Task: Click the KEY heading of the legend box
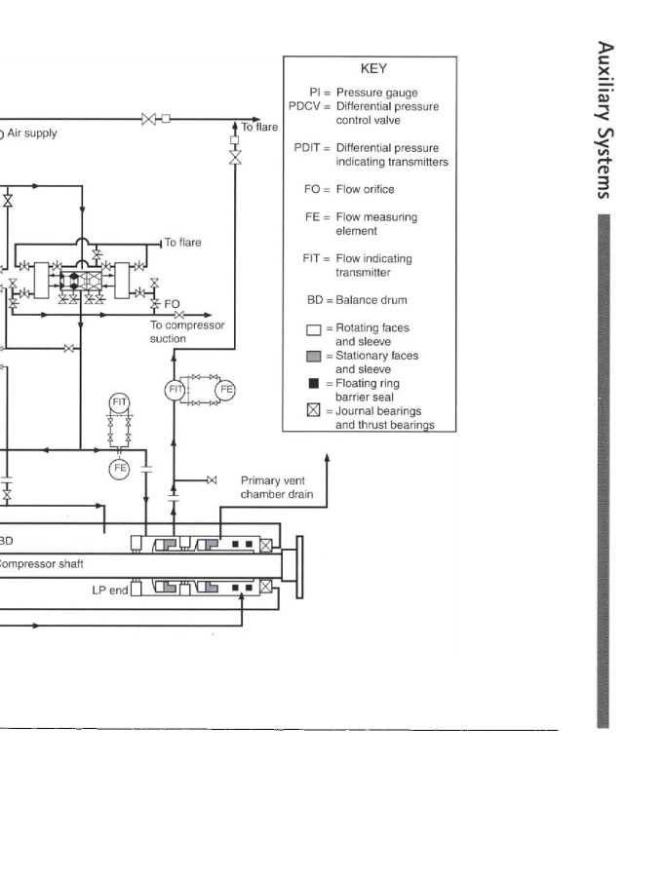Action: (373, 69)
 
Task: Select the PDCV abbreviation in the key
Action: (304, 106)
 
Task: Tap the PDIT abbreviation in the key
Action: (307, 148)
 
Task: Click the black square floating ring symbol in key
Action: (313, 383)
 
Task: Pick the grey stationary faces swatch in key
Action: (313, 357)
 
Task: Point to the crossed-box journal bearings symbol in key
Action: (313, 410)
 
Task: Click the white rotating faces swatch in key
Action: (313, 329)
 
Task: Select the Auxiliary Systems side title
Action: (605, 120)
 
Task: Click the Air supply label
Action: (32, 133)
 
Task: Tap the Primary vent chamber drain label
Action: (277, 487)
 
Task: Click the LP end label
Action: (110, 591)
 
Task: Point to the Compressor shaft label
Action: (40, 564)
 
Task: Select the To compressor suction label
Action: (187, 331)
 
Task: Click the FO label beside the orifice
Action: (172, 304)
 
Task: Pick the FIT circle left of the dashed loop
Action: (175, 390)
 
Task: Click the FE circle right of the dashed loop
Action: (225, 390)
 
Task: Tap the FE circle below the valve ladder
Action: (119, 468)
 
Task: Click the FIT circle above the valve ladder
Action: (119, 402)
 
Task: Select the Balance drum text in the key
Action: (372, 300)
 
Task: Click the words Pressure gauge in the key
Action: (376, 93)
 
